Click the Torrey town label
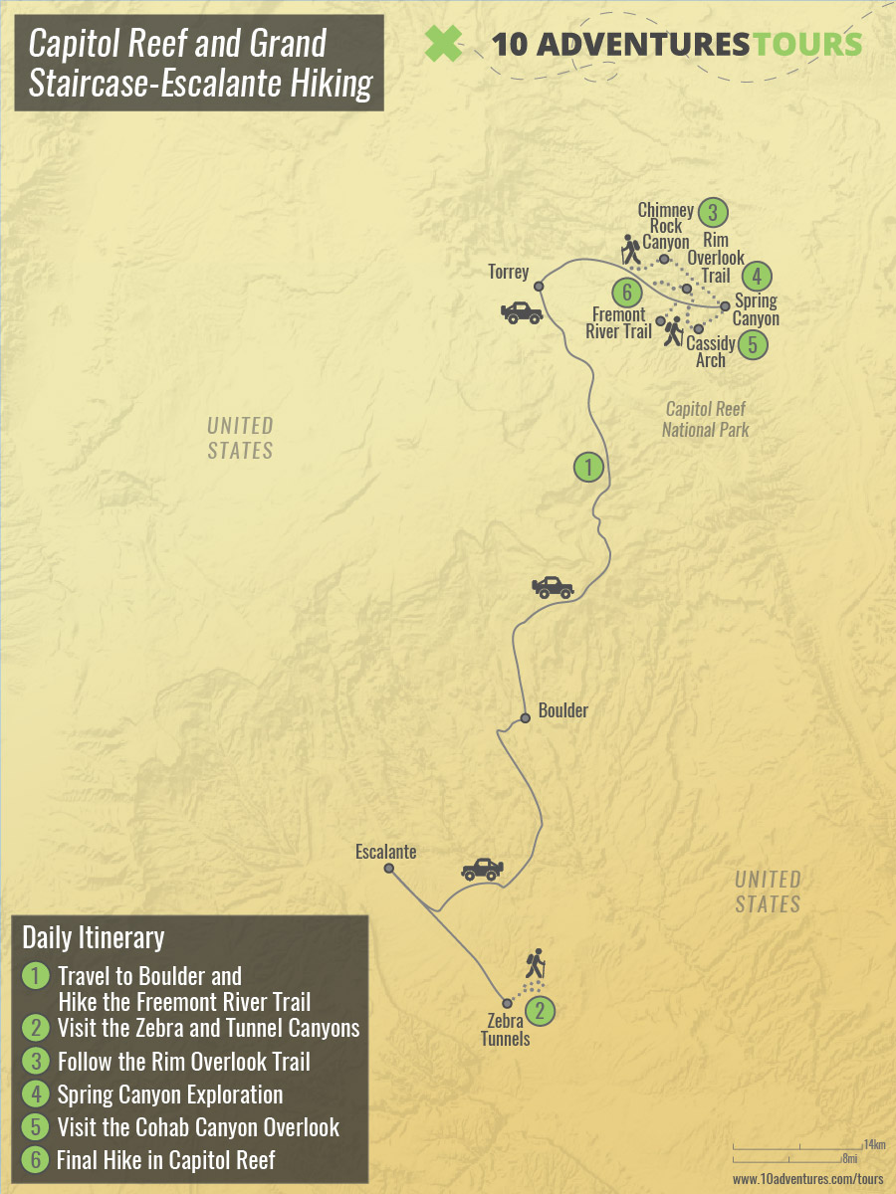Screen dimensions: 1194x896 click(509, 271)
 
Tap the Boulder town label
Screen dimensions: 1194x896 click(562, 710)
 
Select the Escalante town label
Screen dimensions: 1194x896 click(385, 852)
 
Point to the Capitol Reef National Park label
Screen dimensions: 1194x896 click(705, 419)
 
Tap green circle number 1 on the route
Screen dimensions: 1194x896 click(588, 467)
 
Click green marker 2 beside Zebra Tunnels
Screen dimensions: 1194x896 click(539, 1012)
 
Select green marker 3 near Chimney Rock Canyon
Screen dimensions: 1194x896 click(712, 212)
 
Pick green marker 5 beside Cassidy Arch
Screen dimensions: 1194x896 click(753, 345)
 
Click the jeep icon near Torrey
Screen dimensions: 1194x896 click(522, 312)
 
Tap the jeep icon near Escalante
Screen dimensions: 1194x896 click(482, 869)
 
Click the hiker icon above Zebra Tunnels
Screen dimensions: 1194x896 click(536, 962)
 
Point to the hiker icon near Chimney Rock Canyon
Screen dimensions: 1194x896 click(630, 250)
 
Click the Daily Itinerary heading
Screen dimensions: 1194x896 click(93, 937)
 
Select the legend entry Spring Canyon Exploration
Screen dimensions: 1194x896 click(170, 1094)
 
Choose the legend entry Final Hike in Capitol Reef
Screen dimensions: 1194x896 click(165, 1159)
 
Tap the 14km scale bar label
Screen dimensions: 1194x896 click(874, 1143)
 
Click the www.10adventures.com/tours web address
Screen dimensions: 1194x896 click(807, 1178)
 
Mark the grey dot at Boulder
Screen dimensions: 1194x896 click(525, 718)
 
